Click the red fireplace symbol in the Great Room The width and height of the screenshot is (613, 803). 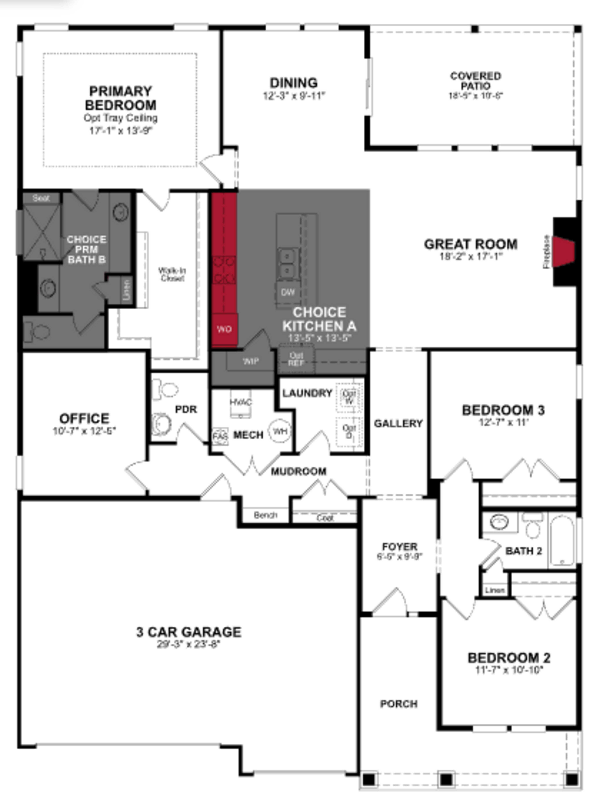(563, 252)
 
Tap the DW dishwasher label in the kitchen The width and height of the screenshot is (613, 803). (288, 292)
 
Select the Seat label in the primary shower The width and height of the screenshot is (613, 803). (41, 198)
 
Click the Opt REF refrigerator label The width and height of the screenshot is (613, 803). (296, 359)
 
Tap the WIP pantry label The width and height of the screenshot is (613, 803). (251, 361)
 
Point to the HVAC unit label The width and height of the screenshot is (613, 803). (241, 402)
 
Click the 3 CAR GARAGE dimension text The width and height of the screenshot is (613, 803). (189, 644)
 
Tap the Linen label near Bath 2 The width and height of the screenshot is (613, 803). (495, 590)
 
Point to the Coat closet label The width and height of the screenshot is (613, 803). (325, 518)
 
